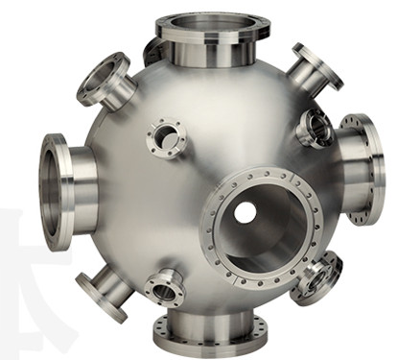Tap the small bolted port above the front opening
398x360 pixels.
169,138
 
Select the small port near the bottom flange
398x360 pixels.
165,286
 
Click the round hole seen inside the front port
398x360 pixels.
246,211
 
